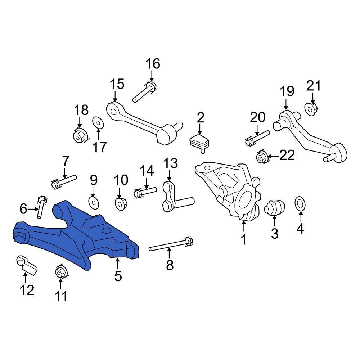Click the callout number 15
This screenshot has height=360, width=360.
pos(117,85)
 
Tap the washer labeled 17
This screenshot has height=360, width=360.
pos(98,122)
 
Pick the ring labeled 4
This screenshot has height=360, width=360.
pos(300,203)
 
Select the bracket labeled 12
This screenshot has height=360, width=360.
pos(26,265)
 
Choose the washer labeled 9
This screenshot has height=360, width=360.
pos(93,202)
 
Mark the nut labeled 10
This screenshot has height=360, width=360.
pos(121,204)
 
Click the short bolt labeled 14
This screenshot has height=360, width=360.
pos(145,192)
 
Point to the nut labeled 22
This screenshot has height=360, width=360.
pos(261,157)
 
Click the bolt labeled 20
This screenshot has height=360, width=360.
pos(258,137)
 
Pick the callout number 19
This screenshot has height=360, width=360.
pos(287,91)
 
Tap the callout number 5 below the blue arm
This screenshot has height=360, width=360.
pos(118,276)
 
